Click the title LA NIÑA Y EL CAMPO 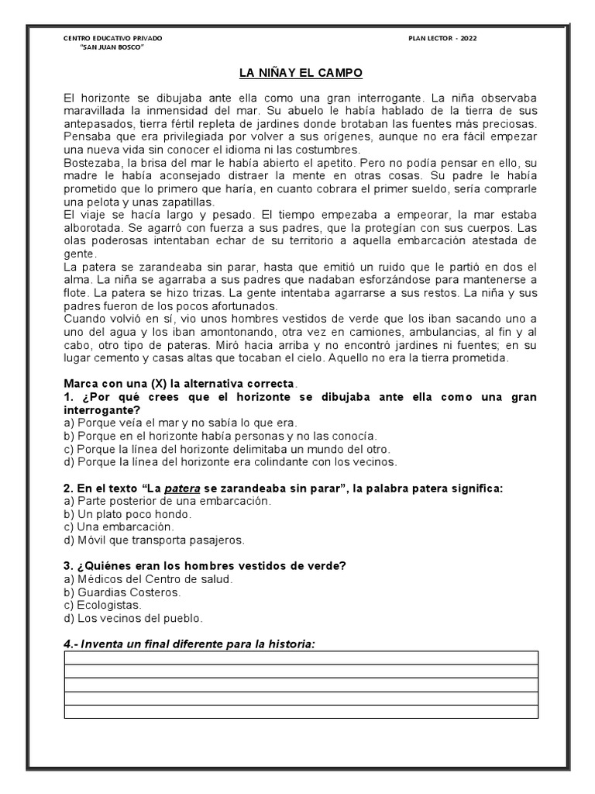click(x=299, y=74)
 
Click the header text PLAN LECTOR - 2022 click(x=442, y=38)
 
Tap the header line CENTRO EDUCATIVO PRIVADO click(x=112, y=38)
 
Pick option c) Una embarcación click(x=119, y=526)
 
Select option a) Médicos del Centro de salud click(x=149, y=579)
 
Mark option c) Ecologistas click(x=103, y=605)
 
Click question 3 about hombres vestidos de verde click(x=205, y=566)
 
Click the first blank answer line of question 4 click(x=301, y=658)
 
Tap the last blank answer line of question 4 click(x=301, y=711)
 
